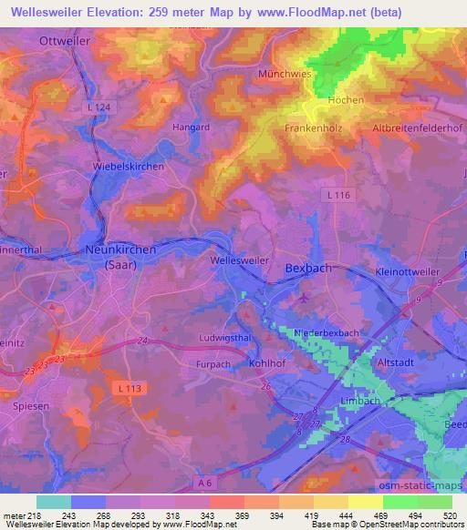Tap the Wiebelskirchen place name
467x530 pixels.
click(x=129, y=168)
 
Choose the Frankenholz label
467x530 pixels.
click(x=314, y=128)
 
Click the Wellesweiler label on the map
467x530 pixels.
click(x=239, y=260)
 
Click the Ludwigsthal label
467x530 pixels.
click(x=224, y=338)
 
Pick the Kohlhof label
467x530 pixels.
click(x=268, y=362)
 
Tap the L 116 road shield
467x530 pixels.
click(x=337, y=195)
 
